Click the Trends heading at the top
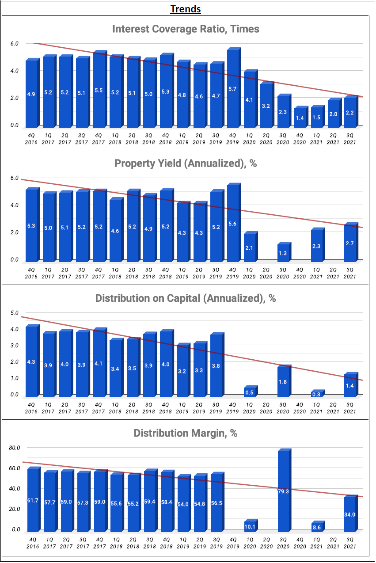pyautogui.click(x=186, y=9)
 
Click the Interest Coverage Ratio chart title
pyautogui.click(x=186, y=29)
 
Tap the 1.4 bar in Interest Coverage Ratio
pyautogui.click(x=299, y=117)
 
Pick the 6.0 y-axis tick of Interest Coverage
pyautogui.click(x=15, y=44)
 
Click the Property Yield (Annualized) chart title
pyautogui.click(x=186, y=164)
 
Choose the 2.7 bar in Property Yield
pyautogui.click(x=349, y=242)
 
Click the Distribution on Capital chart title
pyautogui.click(x=186, y=298)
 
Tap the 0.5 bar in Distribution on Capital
pyautogui.click(x=249, y=392)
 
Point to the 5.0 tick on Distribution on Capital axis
pyautogui.click(x=15, y=313)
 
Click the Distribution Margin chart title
pyautogui.click(x=186, y=433)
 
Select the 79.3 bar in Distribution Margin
pyautogui.click(x=282, y=491)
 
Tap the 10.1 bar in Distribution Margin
pyautogui.click(x=249, y=526)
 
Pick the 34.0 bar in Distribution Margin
pyautogui.click(x=349, y=514)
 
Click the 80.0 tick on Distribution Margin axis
pyautogui.click(x=15, y=448)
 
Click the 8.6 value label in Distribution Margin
pyautogui.click(x=316, y=527)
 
